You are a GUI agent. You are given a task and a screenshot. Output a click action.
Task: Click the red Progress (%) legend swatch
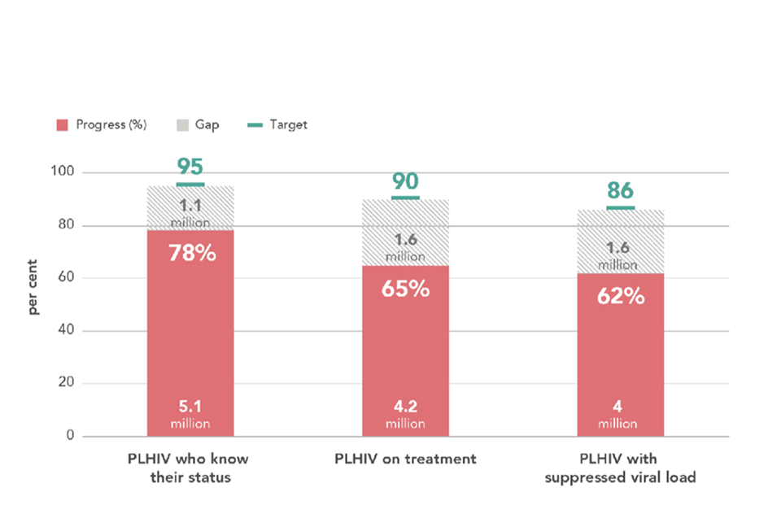click(61, 125)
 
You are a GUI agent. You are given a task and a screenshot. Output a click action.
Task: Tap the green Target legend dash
click(254, 125)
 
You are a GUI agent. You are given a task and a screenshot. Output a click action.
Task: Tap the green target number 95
click(190, 168)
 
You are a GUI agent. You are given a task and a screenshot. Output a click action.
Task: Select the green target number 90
click(405, 181)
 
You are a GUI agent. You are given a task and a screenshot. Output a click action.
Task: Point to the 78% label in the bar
click(191, 253)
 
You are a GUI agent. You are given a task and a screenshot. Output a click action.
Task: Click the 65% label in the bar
click(406, 288)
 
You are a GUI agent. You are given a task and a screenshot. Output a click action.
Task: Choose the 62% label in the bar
click(621, 296)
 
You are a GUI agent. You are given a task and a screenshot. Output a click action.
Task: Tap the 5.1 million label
click(190, 414)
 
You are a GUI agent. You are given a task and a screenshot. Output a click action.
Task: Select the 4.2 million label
click(405, 414)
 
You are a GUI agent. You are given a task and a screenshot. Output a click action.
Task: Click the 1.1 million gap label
click(190, 213)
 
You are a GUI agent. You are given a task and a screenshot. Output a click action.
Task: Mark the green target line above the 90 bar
click(405, 198)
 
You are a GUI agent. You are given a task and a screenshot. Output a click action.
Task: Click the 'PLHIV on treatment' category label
click(405, 459)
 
